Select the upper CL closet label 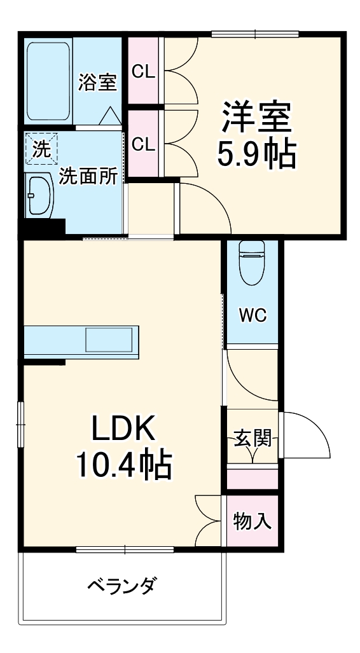coord(143,71)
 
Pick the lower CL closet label coord(143,144)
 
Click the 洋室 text coord(256,115)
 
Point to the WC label coord(253,315)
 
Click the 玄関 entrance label coord(253,439)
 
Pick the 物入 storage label coord(253,521)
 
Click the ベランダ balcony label coord(121,585)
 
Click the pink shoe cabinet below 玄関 coord(253,478)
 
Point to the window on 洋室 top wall coord(255,34)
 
